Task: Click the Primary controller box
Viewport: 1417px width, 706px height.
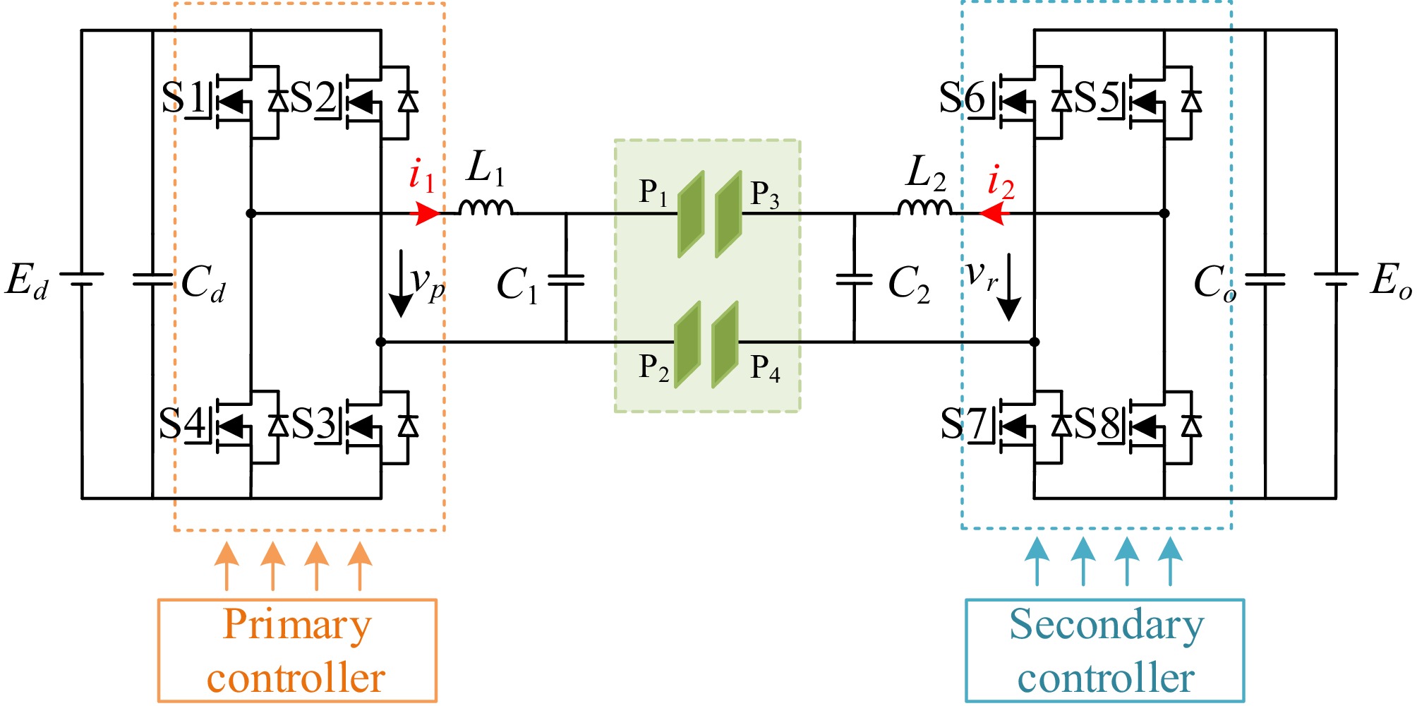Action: pos(297,650)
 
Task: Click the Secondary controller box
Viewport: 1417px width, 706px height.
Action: pos(1104,650)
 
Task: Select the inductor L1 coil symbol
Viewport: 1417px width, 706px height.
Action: pos(486,207)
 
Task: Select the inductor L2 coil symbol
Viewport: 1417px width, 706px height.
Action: pos(924,207)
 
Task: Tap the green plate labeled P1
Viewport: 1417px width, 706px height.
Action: pos(691,214)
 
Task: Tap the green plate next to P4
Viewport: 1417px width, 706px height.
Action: pos(725,345)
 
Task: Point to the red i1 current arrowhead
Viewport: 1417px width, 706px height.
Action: pos(426,213)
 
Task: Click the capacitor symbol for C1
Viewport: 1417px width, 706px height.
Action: pos(566,280)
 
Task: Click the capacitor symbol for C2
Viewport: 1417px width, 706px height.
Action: pos(854,280)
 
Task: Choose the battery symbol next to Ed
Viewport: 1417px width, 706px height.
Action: pos(82,279)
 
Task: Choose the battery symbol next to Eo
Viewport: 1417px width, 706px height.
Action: pos(1335,279)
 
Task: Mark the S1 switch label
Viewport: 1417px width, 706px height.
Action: pos(182,98)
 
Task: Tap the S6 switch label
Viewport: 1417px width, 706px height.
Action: pos(961,98)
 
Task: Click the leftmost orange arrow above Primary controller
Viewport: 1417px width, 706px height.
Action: pos(227,565)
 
